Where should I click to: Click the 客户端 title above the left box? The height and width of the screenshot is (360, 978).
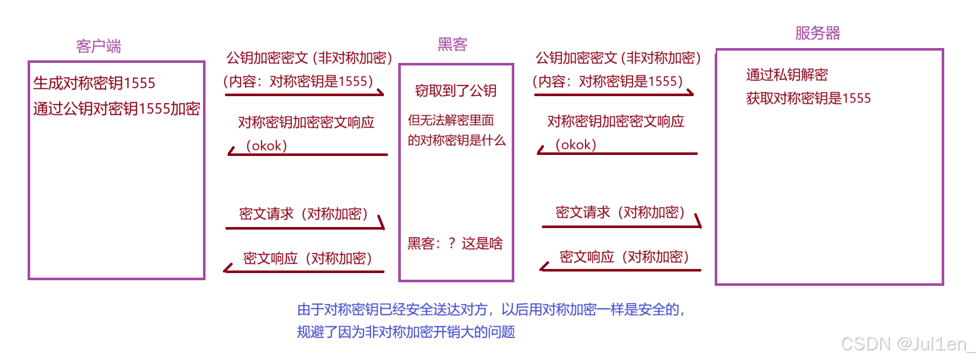tap(98, 47)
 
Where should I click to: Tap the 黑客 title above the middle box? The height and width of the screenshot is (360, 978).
tap(452, 44)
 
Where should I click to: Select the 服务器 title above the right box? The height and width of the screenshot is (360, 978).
tap(817, 33)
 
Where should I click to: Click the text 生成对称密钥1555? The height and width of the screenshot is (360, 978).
tap(94, 83)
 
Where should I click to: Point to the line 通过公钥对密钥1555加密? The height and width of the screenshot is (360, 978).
tap(117, 108)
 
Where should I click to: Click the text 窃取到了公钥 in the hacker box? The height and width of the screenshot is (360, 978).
tap(456, 91)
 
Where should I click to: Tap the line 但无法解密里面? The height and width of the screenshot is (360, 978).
tap(450, 120)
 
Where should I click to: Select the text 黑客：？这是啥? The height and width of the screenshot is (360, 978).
tap(455, 243)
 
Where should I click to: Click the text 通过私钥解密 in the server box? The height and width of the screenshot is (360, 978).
tap(787, 75)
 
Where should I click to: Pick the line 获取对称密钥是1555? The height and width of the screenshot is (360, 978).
tap(808, 98)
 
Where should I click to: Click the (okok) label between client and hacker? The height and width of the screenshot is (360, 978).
tap(266, 146)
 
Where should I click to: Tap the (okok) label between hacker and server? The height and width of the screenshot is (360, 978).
tap(576, 145)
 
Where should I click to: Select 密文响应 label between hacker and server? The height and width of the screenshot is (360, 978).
tap(624, 257)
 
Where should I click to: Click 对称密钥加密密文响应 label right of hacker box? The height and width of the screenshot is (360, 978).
tap(616, 121)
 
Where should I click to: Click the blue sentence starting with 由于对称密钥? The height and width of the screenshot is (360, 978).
tap(491, 309)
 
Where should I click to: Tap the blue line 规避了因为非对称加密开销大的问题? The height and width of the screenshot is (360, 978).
tap(406, 332)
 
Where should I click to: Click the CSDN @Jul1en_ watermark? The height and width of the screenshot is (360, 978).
tap(908, 344)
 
